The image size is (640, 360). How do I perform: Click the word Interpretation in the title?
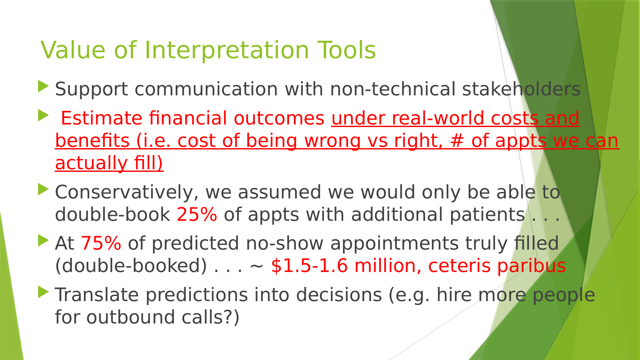(x=227, y=50)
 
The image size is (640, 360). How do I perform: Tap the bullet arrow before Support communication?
(x=43, y=86)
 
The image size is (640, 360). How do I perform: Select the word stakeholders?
(x=521, y=89)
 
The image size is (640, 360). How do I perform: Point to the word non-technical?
(x=392, y=89)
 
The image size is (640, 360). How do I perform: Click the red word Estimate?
(x=101, y=118)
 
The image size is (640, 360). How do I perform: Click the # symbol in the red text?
(x=457, y=141)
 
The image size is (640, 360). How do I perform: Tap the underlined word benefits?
(x=92, y=141)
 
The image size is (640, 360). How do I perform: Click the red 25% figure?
(x=197, y=214)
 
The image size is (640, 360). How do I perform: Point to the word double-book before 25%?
(x=113, y=214)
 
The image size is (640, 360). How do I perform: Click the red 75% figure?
(x=101, y=243)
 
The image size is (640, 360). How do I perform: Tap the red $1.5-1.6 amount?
(x=309, y=266)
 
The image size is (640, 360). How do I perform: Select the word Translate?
(x=97, y=295)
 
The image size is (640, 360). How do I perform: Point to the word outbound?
(x=130, y=317)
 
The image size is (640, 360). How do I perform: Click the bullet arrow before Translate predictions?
(x=43, y=292)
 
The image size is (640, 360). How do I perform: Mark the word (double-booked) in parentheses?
(x=131, y=266)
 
